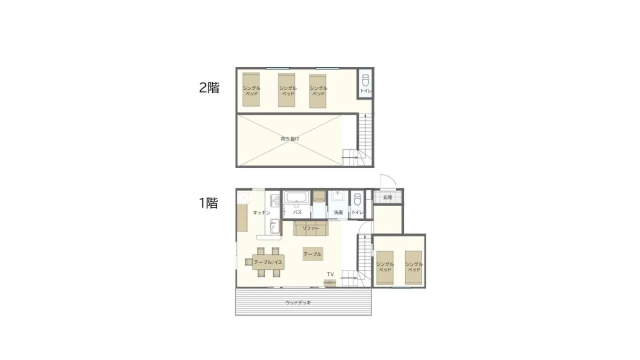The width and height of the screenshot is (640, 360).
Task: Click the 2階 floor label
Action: click(x=209, y=87)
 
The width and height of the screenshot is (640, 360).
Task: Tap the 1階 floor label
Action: click(x=208, y=203)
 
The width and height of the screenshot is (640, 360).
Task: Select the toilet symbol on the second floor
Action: click(x=365, y=79)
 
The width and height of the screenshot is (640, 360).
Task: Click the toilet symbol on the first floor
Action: click(x=356, y=200)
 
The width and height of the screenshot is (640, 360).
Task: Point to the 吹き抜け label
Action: click(x=289, y=138)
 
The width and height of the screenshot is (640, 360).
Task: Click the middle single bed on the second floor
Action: click(x=287, y=90)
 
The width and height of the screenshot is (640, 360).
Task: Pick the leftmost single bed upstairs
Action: click(x=251, y=90)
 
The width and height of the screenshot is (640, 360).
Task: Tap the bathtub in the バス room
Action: click(x=296, y=198)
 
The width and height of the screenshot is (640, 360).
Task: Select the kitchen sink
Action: click(x=273, y=227)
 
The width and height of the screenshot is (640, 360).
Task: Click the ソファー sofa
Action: click(x=310, y=228)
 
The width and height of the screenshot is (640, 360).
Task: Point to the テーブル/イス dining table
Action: click(x=268, y=262)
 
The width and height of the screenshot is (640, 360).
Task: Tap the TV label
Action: click(x=330, y=274)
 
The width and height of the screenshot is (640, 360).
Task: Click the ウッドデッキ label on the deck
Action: click(x=298, y=302)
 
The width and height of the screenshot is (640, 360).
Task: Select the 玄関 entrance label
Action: click(x=387, y=197)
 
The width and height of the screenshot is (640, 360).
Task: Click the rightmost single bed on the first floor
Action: click(x=413, y=267)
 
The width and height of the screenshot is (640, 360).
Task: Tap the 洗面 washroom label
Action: click(x=338, y=212)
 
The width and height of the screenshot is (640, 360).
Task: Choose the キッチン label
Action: click(x=261, y=212)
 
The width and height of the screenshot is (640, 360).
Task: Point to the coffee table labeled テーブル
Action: click(x=312, y=254)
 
